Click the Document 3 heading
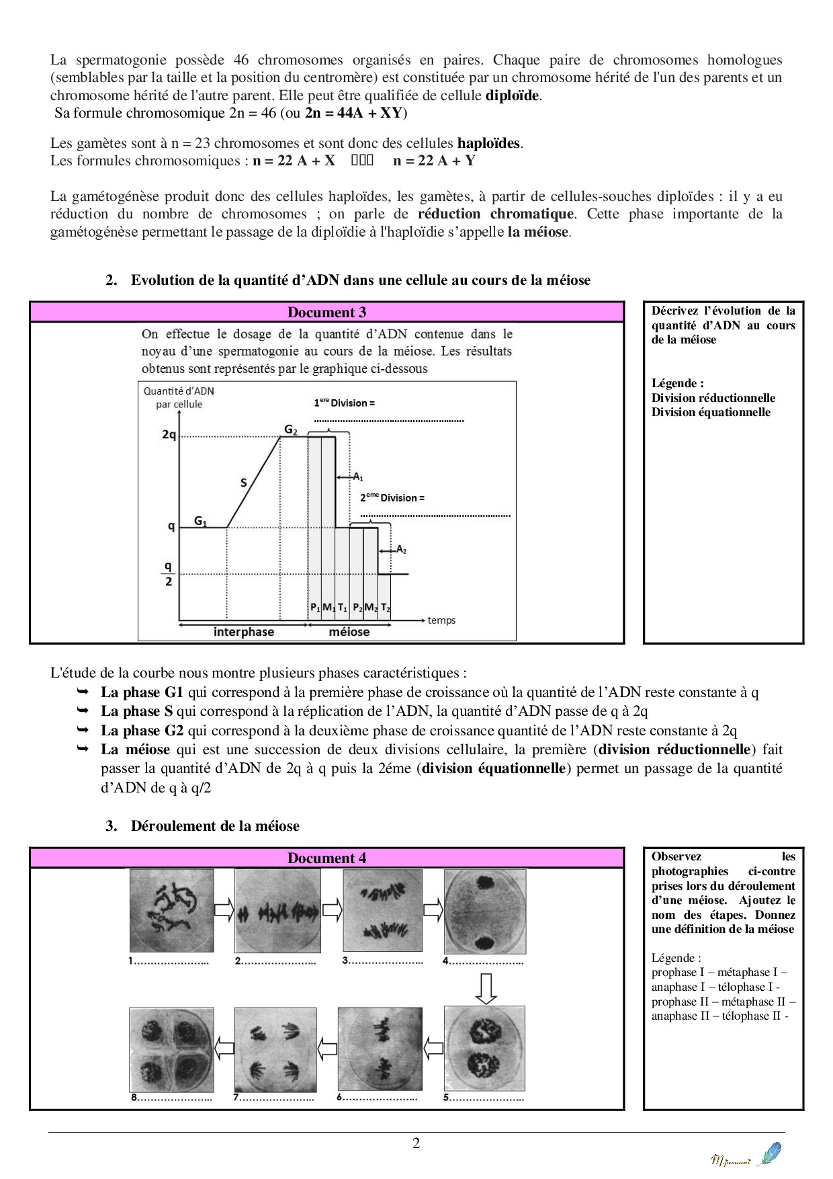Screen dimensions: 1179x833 [326, 313]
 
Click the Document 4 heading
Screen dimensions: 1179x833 [326, 858]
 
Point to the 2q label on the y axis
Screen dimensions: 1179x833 [169, 435]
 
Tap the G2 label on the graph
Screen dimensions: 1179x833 [290, 430]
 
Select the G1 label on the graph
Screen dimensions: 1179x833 [201, 520]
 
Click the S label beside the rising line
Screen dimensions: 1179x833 [244, 483]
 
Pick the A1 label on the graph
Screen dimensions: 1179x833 [358, 477]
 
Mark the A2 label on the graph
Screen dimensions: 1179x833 [401, 549]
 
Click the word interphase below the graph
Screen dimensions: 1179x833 [243, 632]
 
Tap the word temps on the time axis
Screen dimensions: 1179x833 [441, 620]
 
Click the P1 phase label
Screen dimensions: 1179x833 [314, 608]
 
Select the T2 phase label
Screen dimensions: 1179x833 [385, 608]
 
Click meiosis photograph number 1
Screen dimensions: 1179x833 [172, 911]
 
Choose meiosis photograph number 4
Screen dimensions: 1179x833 [485, 911]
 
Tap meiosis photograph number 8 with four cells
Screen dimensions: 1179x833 [171, 1049]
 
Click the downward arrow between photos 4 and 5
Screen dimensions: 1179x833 [486, 988]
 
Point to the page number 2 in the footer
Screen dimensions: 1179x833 [416, 1143]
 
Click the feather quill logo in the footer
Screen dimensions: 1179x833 [769, 1153]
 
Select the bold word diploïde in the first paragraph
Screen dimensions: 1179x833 [512, 95]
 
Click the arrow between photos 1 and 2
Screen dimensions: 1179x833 [224, 911]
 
